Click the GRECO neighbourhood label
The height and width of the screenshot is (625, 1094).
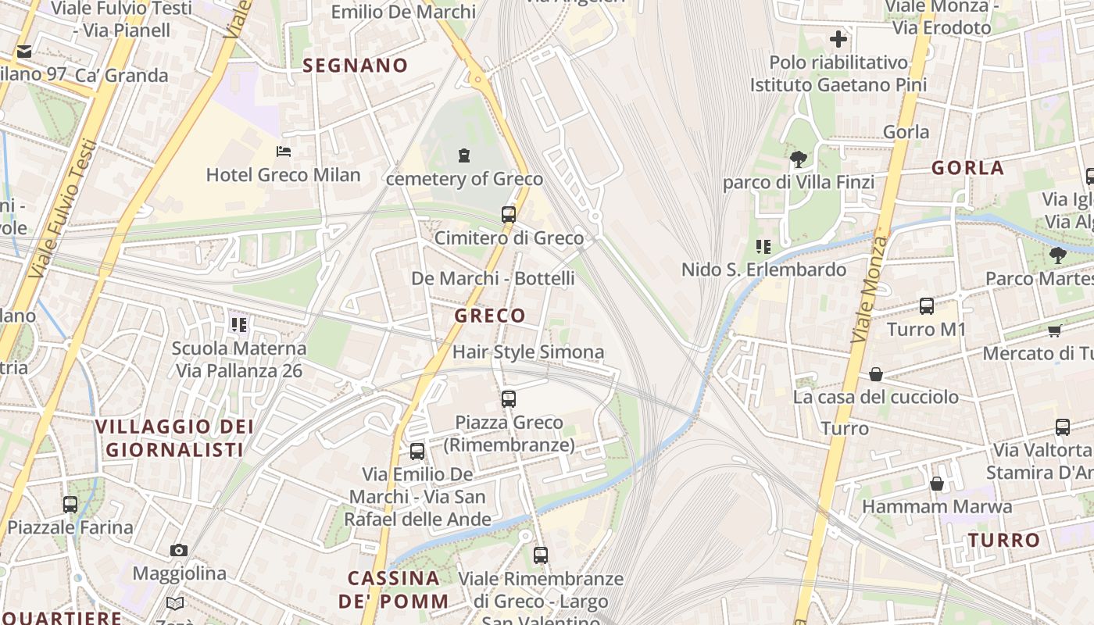[490, 316]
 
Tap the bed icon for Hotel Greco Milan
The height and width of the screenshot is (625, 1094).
[284, 151]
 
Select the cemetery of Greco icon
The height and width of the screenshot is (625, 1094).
[464, 155]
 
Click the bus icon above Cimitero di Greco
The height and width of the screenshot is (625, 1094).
[509, 214]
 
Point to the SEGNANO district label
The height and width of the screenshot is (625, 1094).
[356, 66]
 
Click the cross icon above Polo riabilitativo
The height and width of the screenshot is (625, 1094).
[838, 39]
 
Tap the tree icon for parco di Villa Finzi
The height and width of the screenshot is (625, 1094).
[798, 160]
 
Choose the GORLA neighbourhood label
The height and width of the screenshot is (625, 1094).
[967, 168]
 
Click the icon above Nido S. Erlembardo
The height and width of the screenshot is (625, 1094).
[763, 247]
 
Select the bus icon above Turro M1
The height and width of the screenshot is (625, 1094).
[927, 306]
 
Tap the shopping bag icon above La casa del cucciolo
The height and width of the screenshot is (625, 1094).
[876, 374]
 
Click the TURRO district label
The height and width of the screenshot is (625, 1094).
[1004, 540]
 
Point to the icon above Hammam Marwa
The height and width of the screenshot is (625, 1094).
[936, 484]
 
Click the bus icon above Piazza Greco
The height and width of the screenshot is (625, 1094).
[509, 399]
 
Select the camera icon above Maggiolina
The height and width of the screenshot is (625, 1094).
[179, 550]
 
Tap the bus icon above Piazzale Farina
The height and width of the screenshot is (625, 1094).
[70, 505]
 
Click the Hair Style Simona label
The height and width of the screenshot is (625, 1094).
[528, 352]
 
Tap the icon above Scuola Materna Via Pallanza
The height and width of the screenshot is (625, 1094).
[238, 324]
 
